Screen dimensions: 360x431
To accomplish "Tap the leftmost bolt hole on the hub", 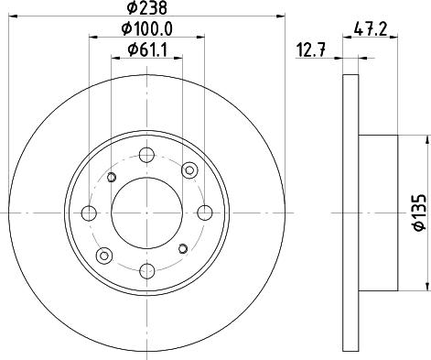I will coord(88,213).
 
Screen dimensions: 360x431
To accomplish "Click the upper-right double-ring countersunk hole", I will coord(189,169).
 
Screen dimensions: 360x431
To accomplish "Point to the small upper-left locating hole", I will coord(111,177).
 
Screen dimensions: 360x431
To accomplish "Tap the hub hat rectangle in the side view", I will coord(377,213).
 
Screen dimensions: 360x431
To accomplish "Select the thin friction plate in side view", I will coord(351,213).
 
